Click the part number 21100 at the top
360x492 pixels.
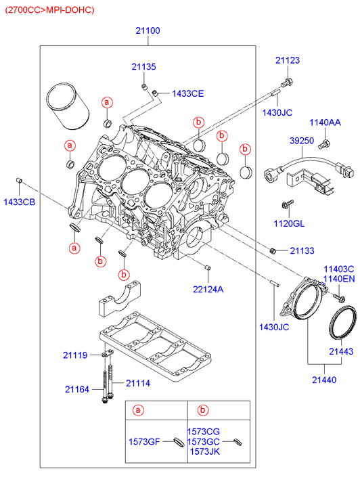tap(148, 30)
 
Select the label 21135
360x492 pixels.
tap(143, 67)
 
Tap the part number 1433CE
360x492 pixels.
tap(187, 93)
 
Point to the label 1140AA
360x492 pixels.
tap(325, 122)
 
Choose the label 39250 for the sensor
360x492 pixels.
tap(302, 141)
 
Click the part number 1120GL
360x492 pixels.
tap(289, 223)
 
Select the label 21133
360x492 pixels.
tap(302, 250)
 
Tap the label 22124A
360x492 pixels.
tap(208, 289)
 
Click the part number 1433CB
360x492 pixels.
tap(20, 202)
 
